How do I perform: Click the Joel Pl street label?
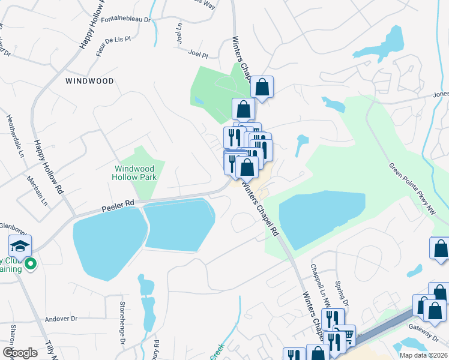(197, 54)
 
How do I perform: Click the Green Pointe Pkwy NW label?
(418, 190)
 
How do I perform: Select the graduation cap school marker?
(20, 245)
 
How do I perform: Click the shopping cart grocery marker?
(345, 334)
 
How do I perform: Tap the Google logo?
(20, 352)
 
